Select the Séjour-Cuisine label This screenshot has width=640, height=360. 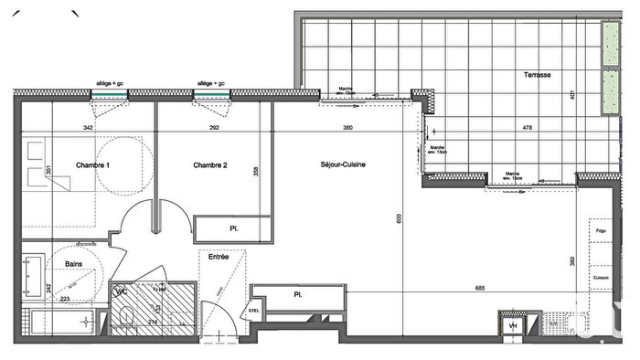(343, 165)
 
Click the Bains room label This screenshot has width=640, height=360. (75, 264)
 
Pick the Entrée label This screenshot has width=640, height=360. (219, 257)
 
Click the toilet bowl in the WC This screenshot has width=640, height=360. (127, 317)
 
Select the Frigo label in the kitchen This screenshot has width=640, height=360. (601, 232)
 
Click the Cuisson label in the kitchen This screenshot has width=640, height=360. (601, 278)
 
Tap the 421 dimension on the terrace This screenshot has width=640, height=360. (571, 93)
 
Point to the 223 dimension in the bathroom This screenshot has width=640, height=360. (65, 299)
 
